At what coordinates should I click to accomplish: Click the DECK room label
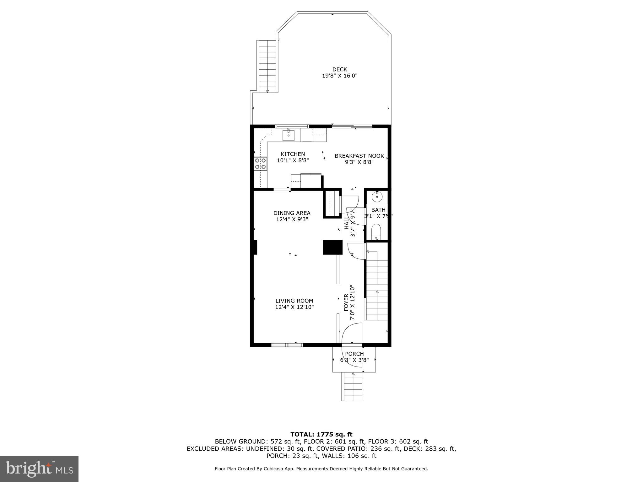click(x=340, y=69)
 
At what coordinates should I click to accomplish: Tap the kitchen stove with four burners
click(x=260, y=164)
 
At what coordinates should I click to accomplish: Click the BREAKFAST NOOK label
click(x=359, y=156)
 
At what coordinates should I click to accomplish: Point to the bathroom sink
click(x=377, y=197)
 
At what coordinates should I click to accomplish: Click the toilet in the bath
click(x=376, y=232)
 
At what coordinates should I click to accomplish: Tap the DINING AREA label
click(x=292, y=213)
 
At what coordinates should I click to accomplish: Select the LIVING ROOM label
click(x=294, y=301)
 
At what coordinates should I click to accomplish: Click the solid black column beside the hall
click(x=332, y=247)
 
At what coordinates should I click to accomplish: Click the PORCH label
click(x=354, y=354)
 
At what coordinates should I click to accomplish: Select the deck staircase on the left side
click(x=267, y=66)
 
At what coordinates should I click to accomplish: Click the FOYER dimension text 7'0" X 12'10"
click(x=352, y=303)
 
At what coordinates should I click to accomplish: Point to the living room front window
click(x=287, y=345)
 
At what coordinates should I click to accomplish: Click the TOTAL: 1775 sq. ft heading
click(x=321, y=435)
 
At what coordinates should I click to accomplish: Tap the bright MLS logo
click(x=39, y=469)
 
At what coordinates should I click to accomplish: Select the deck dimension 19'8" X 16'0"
click(x=340, y=76)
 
